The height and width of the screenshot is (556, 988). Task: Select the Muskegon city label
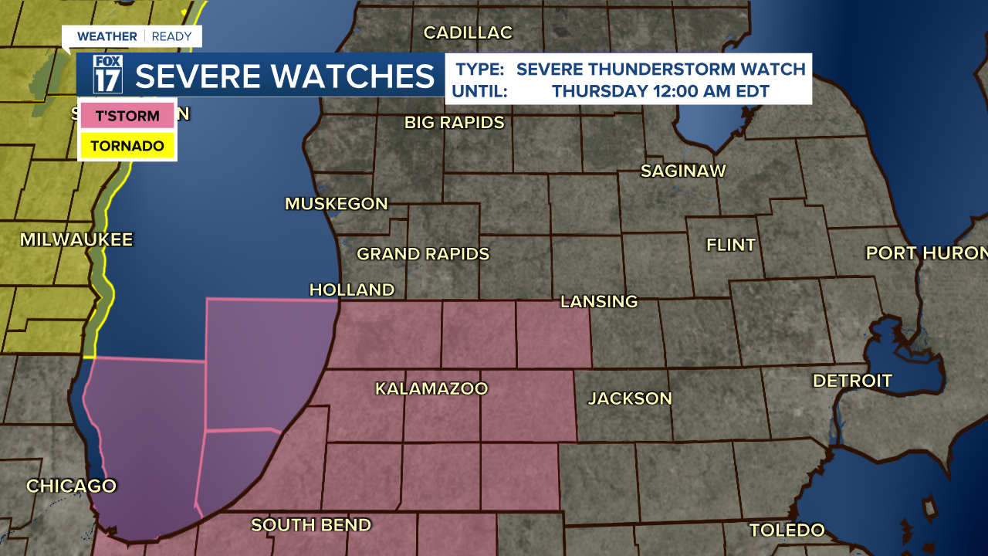point(337,204)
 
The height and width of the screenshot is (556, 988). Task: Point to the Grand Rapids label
point(423,254)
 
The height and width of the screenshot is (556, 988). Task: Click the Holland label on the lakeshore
point(352,290)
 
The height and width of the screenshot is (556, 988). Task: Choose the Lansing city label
point(599,301)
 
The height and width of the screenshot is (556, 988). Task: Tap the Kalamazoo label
point(431,388)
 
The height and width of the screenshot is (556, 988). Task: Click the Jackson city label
point(630,398)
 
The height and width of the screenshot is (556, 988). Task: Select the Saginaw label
point(684,171)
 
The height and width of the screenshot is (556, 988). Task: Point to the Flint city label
point(731,245)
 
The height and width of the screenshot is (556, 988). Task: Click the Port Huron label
point(926,253)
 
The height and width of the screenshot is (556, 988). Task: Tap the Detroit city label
point(852,381)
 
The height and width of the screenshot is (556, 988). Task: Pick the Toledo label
point(787,531)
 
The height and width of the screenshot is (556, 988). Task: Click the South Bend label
point(311,525)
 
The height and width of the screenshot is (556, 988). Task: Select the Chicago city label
point(71,486)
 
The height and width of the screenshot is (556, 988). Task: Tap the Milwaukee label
point(76,239)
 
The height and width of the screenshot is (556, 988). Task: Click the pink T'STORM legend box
point(127,117)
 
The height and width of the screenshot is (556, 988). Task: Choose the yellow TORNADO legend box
point(127,145)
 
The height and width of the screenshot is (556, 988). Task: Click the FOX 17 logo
point(108,74)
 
